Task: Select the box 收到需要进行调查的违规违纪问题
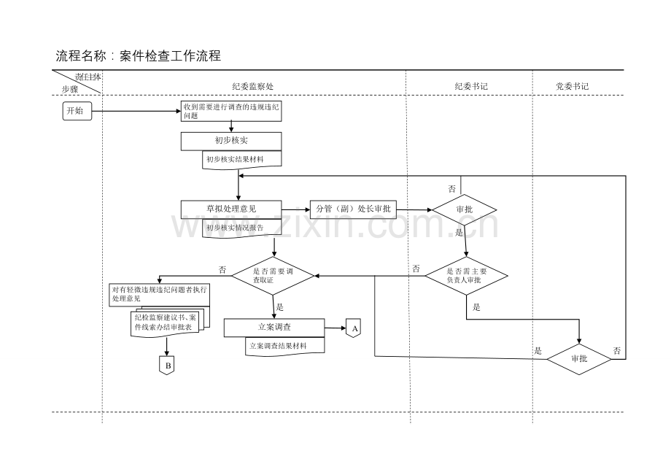tap(231, 111)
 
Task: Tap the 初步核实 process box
tap(231, 140)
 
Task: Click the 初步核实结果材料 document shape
tap(241, 159)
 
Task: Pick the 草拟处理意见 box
tap(231, 209)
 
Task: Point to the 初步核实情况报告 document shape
tap(241, 228)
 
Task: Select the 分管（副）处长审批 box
tap(353, 209)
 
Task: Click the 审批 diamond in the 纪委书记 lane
tap(465, 209)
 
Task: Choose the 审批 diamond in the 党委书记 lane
tap(579, 359)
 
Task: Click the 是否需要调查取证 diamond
tap(273, 275)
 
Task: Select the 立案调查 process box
tap(273, 328)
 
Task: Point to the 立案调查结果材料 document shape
tap(284, 346)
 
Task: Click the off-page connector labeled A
tap(354, 328)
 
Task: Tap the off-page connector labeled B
tap(167, 364)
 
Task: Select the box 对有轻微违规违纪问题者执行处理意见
tap(158, 293)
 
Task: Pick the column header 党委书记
tap(572, 86)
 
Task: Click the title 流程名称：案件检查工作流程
tap(138, 55)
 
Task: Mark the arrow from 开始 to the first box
tap(136, 111)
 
